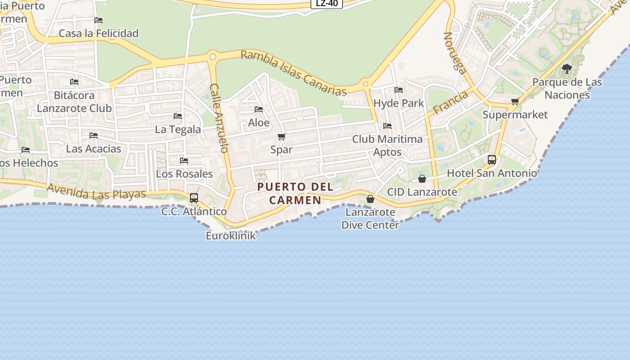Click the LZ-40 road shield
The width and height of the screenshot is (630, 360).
(x=327, y=3)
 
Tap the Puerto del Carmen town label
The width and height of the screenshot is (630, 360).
(x=295, y=193)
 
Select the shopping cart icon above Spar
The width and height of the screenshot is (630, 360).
(x=282, y=136)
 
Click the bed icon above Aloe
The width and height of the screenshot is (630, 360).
(x=259, y=109)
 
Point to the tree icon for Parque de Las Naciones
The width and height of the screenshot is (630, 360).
(x=567, y=69)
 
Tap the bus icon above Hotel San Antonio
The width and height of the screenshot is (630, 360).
(x=492, y=159)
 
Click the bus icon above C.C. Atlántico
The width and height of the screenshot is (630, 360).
(x=194, y=198)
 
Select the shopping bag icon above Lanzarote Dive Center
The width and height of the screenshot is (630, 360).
(x=370, y=198)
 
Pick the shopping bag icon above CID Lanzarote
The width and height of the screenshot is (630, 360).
(x=422, y=179)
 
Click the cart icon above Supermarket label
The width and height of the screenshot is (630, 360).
(x=515, y=101)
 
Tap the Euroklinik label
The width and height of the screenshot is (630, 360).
(x=230, y=235)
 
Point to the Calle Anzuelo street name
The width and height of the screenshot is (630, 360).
(x=220, y=118)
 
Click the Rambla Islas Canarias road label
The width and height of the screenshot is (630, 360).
(x=293, y=73)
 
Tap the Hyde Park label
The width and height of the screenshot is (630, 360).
(x=399, y=103)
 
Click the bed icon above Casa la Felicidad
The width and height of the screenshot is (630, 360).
(x=99, y=20)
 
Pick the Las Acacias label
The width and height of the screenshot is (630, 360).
(x=94, y=148)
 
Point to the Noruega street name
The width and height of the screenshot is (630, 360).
(x=455, y=52)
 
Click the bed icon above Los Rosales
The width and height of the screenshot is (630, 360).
(x=184, y=161)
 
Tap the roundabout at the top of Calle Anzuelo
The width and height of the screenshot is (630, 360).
(x=212, y=57)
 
